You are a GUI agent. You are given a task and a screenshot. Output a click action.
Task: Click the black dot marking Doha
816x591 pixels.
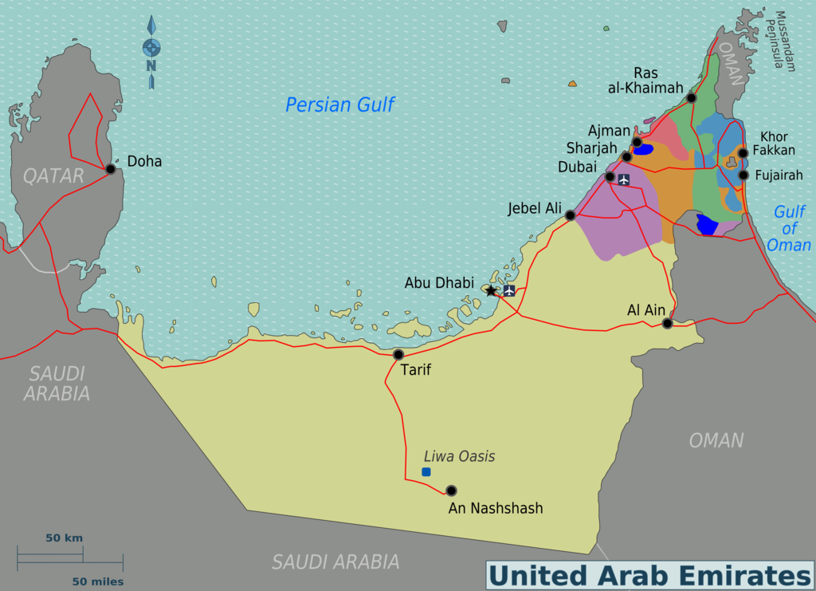111,169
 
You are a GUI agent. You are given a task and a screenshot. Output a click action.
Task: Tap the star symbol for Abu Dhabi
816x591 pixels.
491,290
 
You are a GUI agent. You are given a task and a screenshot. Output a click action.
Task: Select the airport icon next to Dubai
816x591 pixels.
623,179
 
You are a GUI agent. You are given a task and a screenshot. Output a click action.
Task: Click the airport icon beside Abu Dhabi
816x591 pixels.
509,290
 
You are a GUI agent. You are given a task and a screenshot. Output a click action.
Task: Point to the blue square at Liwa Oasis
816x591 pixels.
426,472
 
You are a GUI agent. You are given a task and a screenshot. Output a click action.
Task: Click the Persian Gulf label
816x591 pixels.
340,104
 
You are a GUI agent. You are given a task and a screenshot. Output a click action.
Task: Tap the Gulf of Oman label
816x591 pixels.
789,228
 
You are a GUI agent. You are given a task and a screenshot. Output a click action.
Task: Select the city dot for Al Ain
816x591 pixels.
668,323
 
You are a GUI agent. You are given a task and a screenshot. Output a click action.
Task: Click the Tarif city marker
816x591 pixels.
398,354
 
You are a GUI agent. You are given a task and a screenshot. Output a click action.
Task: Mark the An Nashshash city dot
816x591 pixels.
451,491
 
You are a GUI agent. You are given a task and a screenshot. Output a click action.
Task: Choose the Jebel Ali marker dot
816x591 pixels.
571,215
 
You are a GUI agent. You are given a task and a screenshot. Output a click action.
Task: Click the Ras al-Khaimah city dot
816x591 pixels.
691,97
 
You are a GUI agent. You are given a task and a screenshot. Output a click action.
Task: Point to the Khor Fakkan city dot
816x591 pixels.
743,153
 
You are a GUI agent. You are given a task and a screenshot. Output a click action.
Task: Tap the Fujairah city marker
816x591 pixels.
743,175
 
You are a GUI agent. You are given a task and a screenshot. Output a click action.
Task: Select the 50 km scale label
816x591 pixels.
64,538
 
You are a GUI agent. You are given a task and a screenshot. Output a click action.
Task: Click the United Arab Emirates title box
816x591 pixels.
649,575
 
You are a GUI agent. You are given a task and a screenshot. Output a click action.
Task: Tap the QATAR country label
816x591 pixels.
53,175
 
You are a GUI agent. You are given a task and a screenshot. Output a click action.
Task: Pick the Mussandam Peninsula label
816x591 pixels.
785,41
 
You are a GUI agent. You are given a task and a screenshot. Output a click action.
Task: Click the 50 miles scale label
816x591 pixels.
98,581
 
